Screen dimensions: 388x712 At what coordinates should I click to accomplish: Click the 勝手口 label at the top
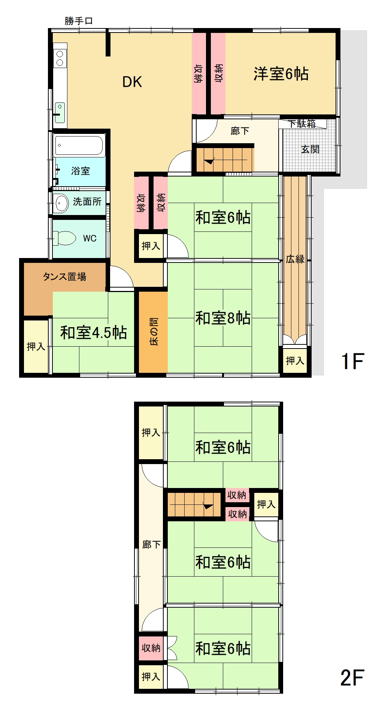tap(79, 21)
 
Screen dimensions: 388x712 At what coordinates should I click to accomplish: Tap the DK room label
tap(132, 82)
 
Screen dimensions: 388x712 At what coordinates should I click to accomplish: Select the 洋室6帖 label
tap(281, 74)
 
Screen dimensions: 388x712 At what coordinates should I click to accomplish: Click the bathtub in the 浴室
tap(79, 145)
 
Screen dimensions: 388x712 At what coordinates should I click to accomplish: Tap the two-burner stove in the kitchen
tap(60, 58)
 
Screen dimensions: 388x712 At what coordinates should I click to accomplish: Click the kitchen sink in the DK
tap(60, 113)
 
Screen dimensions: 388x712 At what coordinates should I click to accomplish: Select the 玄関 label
tap(310, 149)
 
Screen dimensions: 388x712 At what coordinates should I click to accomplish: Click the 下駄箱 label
tap(303, 124)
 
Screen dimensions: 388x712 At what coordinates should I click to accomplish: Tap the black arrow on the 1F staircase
tap(209, 162)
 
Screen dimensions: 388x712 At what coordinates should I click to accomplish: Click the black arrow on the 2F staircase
tap(208, 506)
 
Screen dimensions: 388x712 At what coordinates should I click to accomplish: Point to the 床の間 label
tap(154, 331)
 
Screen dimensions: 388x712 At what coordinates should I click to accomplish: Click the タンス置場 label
tap(64, 277)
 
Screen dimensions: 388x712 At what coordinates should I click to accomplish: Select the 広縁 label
tap(295, 259)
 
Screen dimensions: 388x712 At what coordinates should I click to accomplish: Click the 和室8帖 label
tap(223, 318)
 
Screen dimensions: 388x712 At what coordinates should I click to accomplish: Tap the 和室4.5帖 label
tap(94, 332)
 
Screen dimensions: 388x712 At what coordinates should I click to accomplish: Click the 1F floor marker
tap(352, 361)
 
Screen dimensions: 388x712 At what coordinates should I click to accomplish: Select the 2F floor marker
tap(352, 678)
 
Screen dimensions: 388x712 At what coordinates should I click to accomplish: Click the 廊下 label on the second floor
tap(151, 544)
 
